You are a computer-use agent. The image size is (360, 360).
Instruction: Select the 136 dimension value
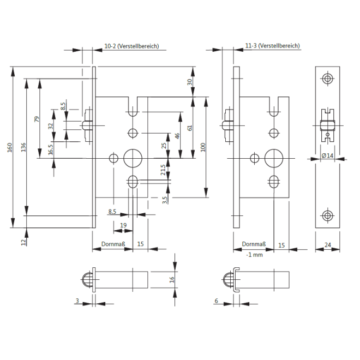coord(23,148)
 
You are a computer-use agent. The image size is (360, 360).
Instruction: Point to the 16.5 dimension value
coord(51,149)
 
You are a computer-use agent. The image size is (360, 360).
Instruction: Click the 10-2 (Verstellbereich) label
coord(131,46)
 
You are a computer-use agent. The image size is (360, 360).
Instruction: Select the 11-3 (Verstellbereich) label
coord(273,46)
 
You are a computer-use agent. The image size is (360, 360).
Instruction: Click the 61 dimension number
coord(190,128)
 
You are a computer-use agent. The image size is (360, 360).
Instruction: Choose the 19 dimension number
coord(123,225)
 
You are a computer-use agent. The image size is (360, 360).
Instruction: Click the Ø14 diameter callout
coord(328,155)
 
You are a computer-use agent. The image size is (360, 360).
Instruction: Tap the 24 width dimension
coord(327,245)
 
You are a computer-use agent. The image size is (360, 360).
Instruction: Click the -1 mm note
coord(254,255)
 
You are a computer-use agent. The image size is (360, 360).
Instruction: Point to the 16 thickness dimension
coord(171,279)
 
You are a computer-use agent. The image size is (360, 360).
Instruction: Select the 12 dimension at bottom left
coord(23,242)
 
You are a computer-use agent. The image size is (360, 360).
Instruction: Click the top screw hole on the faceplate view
coord(327,79)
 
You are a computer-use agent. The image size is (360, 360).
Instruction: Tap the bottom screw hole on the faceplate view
coord(327,215)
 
